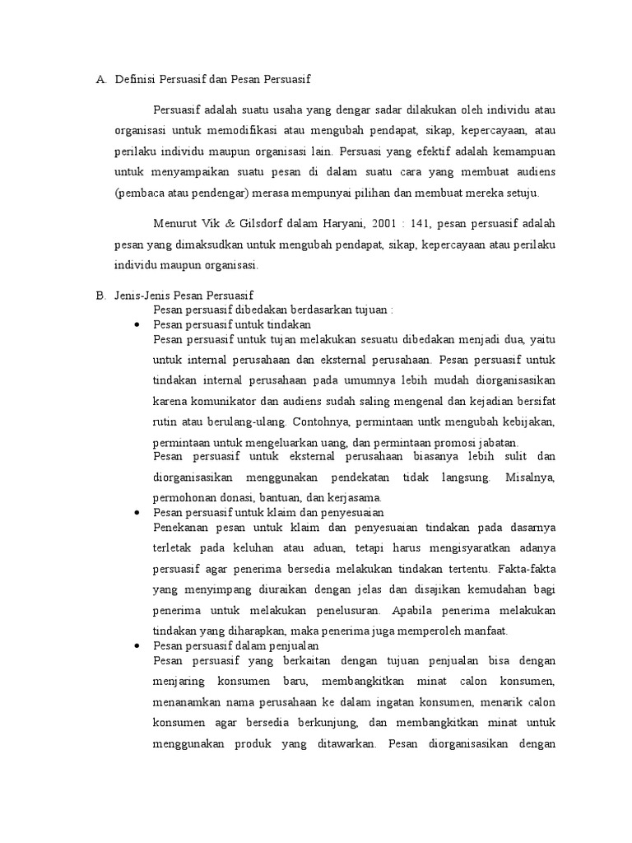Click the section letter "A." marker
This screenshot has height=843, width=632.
[101, 80]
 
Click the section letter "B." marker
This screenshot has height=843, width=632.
[101, 294]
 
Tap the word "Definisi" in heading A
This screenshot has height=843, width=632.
[137, 80]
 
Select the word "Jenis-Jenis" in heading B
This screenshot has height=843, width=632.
[140, 294]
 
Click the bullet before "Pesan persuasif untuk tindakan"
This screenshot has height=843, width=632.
[137, 326]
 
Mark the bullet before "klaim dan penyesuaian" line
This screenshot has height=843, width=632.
[137, 512]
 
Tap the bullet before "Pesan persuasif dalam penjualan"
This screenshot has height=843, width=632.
[137, 646]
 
